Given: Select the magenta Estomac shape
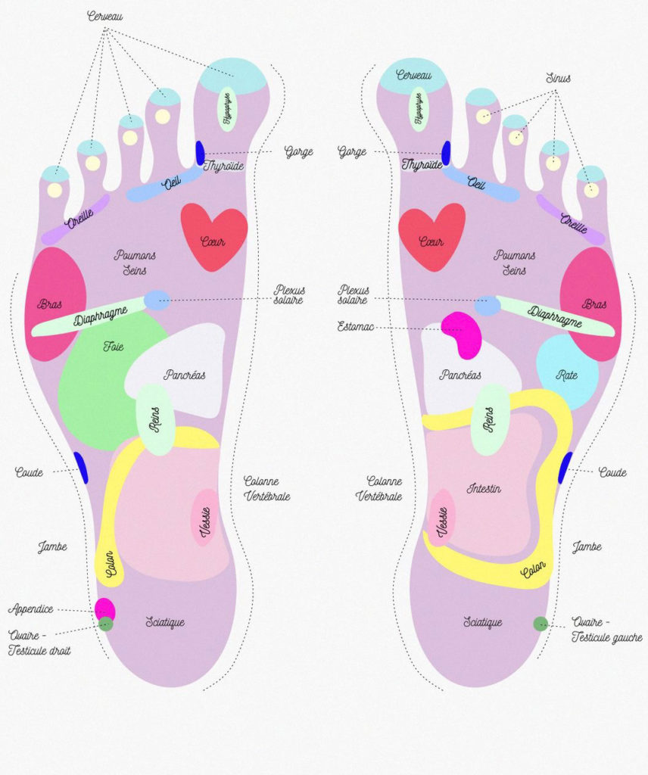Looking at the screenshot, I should pyautogui.click(x=463, y=334).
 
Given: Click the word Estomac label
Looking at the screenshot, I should pyautogui.click(x=357, y=327).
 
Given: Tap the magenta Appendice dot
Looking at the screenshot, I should pyautogui.click(x=104, y=608).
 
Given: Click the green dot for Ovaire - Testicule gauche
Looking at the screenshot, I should pyautogui.click(x=541, y=624).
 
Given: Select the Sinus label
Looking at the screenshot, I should pyautogui.click(x=558, y=78).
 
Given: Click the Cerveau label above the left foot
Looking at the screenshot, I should pyautogui.click(x=104, y=16).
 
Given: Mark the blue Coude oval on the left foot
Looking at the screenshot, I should pyautogui.click(x=81, y=467).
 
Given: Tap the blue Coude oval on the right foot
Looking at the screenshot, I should pyautogui.click(x=565, y=468).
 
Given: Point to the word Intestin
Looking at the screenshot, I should pyautogui.click(x=484, y=489).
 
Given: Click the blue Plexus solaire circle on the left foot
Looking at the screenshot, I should pyautogui.click(x=157, y=300).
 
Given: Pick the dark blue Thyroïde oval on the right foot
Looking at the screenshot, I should pyautogui.click(x=447, y=153).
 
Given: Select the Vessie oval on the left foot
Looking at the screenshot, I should pyautogui.click(x=204, y=517).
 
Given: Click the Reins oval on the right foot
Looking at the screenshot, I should pyautogui.click(x=490, y=419).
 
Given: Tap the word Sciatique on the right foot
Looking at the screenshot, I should pyautogui.click(x=482, y=622).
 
